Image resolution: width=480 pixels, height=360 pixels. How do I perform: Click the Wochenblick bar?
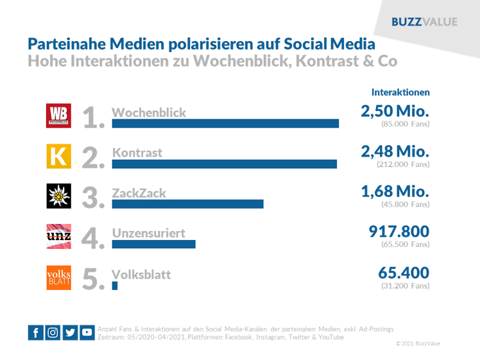225,124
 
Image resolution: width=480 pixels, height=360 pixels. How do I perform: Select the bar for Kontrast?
224,164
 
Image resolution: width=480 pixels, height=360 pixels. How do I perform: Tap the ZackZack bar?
187,204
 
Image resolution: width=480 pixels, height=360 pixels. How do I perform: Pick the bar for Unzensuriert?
153,244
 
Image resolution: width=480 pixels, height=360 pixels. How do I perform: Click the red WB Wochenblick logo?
60,116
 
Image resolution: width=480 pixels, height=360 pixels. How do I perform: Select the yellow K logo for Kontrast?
60,157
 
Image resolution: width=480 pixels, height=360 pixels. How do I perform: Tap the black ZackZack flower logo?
60,196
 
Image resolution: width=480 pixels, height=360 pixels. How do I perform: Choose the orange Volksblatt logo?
60,277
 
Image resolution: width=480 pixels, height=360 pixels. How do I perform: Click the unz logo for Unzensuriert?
60,237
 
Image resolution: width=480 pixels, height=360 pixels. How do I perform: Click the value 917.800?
399,232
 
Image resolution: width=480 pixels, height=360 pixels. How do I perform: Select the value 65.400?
404,273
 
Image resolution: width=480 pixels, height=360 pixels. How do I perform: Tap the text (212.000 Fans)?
403,164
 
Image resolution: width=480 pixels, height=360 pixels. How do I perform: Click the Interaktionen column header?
400,92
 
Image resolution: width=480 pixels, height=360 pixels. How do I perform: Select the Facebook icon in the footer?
36,332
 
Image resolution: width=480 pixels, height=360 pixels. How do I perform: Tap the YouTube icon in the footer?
87,332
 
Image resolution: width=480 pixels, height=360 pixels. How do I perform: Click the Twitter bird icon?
70,332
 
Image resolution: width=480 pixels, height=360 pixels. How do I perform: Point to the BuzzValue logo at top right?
424,22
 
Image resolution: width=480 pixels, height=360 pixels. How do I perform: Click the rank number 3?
93,198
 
